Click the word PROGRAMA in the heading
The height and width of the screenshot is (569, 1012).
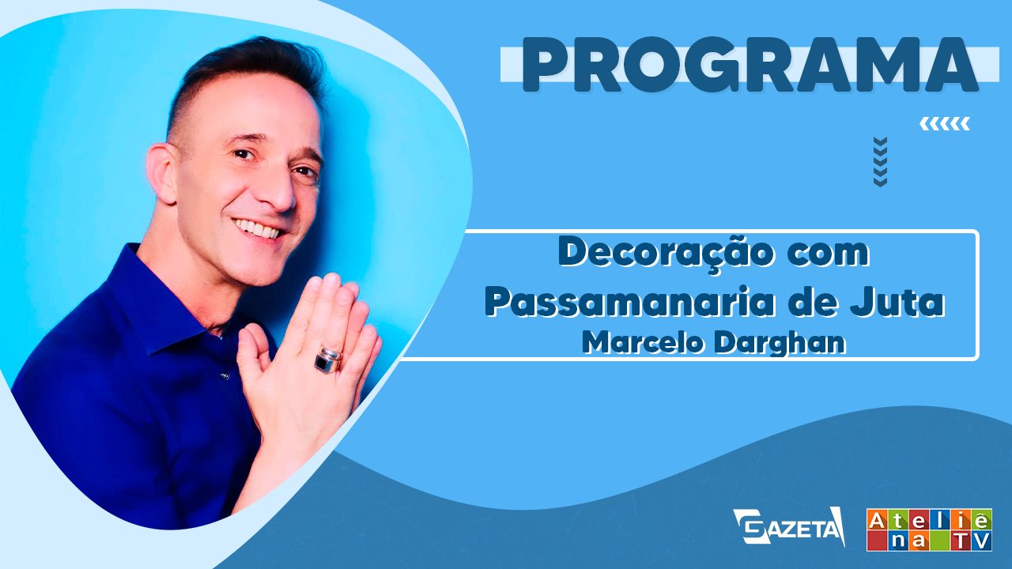(x=750, y=66)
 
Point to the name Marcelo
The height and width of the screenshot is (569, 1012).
(x=644, y=343)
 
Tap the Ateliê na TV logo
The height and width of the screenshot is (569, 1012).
(x=929, y=529)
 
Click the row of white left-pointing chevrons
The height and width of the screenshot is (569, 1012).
(x=945, y=124)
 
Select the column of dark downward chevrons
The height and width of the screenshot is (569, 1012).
(x=881, y=162)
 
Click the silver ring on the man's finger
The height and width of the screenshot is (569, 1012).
(x=328, y=360)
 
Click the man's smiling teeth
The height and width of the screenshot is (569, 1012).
(x=258, y=229)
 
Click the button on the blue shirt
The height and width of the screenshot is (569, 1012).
(x=223, y=375)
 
